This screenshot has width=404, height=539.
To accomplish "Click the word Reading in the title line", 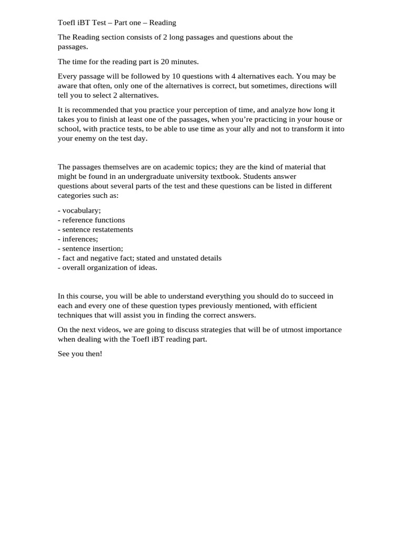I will click(163, 23).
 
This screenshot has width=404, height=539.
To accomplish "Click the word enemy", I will click(85, 138).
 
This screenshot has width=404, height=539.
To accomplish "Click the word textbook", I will click(222, 176).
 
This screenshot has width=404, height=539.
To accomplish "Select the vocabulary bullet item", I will click(79, 211).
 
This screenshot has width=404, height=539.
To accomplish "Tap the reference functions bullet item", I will click(92, 220).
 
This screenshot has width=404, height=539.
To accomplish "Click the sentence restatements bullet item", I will click(95, 229).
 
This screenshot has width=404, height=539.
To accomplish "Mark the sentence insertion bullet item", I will click(90, 248).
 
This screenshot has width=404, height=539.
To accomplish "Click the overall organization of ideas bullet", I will click(108, 267).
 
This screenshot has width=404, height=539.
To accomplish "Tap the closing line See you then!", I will click(80, 354).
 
